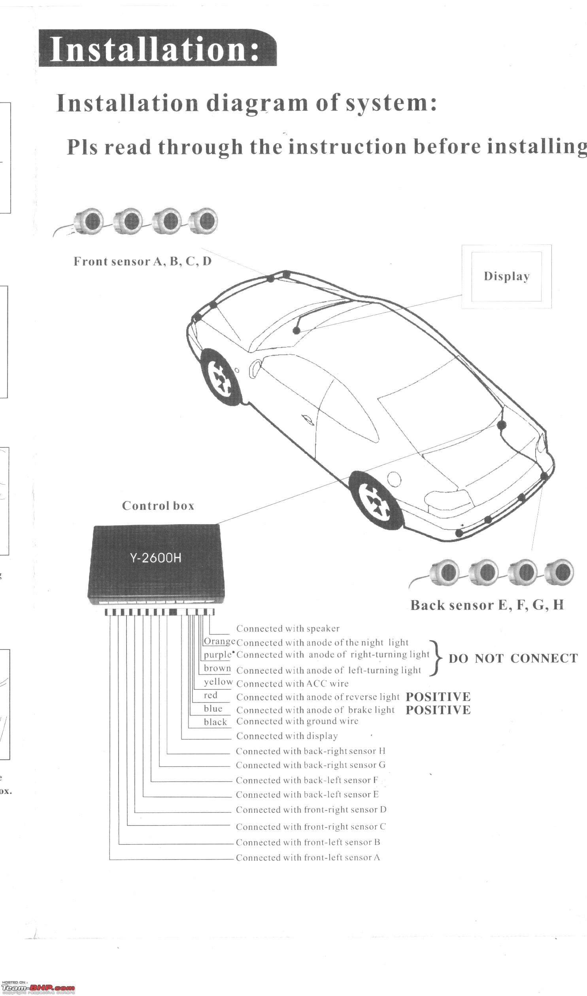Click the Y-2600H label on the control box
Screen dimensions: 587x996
point(155,559)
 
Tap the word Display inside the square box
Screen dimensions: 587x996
point(507,276)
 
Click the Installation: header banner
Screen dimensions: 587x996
point(157,48)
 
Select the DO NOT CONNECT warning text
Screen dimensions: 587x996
point(513,659)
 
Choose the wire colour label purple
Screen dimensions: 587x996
point(217,655)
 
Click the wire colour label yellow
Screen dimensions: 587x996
point(218,682)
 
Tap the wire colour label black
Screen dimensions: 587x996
point(215,722)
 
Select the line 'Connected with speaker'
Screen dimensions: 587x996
point(288,629)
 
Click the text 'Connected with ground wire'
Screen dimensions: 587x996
point(297,721)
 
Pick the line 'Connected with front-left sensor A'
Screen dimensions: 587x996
point(308,858)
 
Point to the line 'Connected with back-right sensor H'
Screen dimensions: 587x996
point(311,751)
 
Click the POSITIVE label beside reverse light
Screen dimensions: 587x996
point(438,697)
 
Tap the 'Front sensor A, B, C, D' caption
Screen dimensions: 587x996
point(142,261)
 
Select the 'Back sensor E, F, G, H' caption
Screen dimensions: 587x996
point(487,605)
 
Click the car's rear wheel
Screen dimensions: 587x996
point(376,500)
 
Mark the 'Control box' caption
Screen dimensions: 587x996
point(158,506)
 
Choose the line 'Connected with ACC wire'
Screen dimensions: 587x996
point(292,684)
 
